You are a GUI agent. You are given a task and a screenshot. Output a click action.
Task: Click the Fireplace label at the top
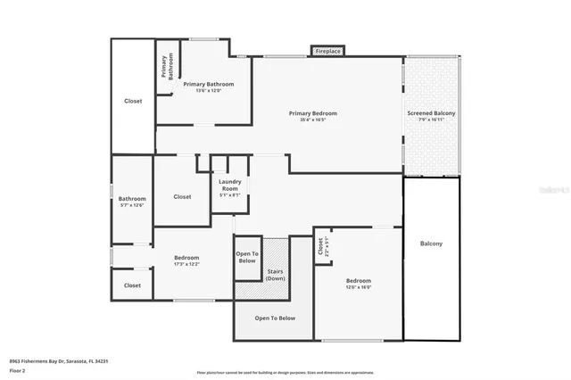[328, 52]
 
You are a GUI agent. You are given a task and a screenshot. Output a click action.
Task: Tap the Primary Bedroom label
[312, 113]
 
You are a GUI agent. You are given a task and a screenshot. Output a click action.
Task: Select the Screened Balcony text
[432, 113]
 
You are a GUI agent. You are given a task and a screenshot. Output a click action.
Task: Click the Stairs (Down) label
[276, 274]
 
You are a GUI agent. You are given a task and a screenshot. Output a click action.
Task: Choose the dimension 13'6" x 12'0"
[202, 90]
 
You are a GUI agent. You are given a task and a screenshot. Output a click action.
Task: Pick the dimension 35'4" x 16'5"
[312, 120]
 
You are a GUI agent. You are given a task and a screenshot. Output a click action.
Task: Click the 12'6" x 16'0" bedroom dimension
[359, 287]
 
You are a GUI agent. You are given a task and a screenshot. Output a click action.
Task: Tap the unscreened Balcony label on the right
[431, 244]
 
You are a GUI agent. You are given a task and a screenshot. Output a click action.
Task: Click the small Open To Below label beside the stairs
[247, 258]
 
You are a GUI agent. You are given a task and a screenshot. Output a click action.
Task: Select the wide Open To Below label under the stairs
[275, 318]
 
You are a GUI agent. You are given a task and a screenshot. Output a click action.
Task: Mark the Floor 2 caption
[17, 368]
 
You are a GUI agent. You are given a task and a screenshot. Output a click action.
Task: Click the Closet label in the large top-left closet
[132, 101]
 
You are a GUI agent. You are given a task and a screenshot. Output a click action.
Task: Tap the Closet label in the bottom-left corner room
[132, 285]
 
